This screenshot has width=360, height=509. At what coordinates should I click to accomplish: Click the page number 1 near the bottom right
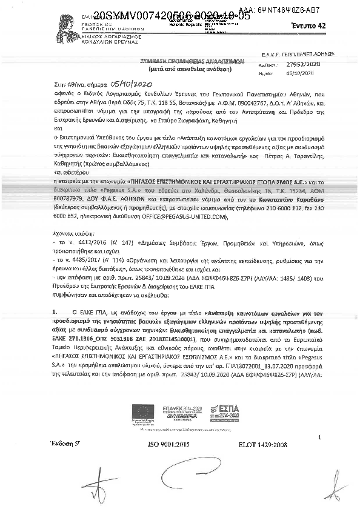pyautogui.click(x=319, y=437)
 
